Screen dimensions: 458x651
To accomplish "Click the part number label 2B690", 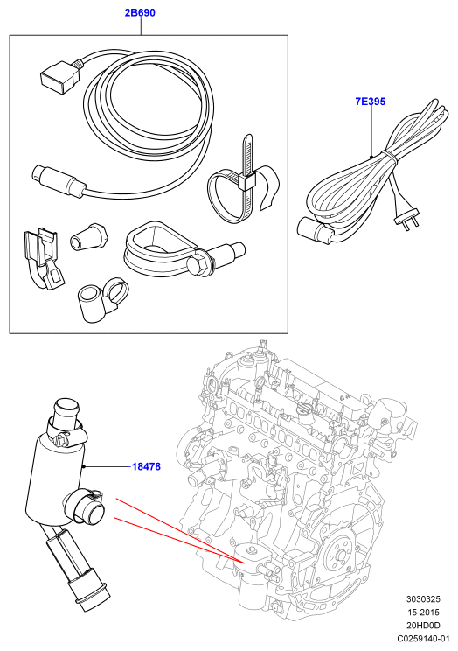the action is pos(140,12).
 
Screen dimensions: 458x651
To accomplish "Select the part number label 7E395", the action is pos(371,101).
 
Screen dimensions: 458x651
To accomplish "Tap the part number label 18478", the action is pos(147,466).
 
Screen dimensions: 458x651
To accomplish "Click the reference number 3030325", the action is pos(423,599).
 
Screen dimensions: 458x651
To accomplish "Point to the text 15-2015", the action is pos(424,612).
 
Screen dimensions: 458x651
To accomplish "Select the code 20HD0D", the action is pos(424,626).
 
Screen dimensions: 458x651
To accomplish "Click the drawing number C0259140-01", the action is pos(423,639).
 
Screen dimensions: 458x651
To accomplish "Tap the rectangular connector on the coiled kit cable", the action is pos(57,76).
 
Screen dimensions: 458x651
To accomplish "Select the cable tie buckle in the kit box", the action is pos(246,182).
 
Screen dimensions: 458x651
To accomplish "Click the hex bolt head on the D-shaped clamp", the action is pos(196,265).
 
